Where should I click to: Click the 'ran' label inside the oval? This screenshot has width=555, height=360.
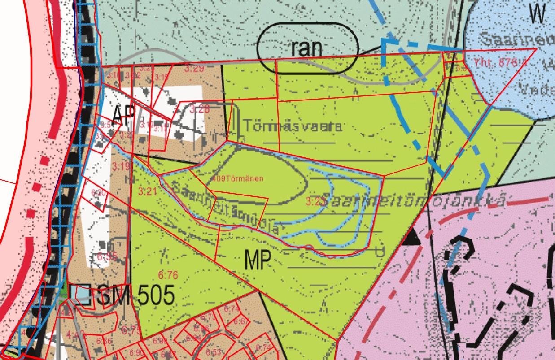(307, 48)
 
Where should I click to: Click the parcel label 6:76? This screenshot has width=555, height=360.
(168, 274)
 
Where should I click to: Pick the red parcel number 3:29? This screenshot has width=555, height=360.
(194, 69)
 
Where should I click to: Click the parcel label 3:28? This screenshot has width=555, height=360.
(200, 109)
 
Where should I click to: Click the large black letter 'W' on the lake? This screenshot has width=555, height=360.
(538, 15)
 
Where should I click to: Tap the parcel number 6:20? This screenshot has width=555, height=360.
(99, 193)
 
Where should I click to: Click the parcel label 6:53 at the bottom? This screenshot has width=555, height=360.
(214, 351)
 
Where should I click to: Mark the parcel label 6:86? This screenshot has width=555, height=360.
(104, 342)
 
